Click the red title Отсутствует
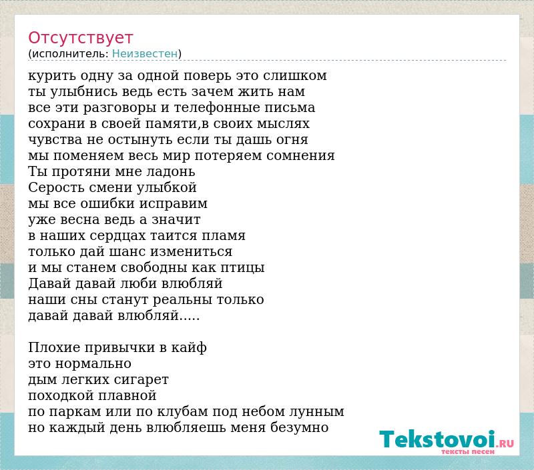coord(80,38)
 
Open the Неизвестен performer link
coord(145,54)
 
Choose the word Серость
coord(57,187)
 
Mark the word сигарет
coord(141,380)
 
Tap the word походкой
coord(61,395)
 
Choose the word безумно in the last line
coord(299,427)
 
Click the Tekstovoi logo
coord(447,439)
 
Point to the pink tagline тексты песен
coord(468,451)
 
